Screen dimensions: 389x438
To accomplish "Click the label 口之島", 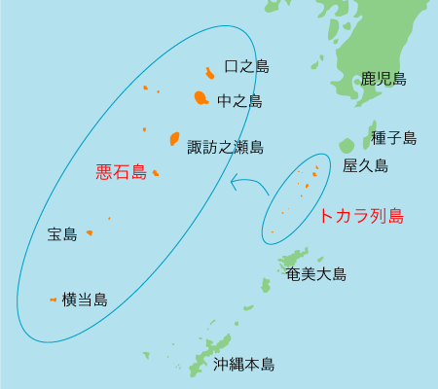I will pos(246,67).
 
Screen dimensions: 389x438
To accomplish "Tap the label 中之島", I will pos(239,101).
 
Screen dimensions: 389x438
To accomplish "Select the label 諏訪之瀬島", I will pos(226,148).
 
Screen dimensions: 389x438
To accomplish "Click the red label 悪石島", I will pos(121,173).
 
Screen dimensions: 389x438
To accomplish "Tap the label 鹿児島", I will pos(383,79).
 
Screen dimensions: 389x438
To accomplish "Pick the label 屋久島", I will pos(366,166).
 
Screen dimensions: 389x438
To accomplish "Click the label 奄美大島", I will pos(316,275).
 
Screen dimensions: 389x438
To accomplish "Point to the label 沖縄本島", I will pos(244,365).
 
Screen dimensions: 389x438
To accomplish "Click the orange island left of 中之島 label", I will pos(201,97).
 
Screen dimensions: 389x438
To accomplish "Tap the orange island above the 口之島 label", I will pos(209,72).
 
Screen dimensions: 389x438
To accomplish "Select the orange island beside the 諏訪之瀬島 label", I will pos(175,138).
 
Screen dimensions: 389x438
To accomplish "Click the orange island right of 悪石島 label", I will pos(156,174).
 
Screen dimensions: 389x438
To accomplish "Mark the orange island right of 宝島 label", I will pos(90,233).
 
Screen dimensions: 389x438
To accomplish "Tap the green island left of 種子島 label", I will pos(373,135).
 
